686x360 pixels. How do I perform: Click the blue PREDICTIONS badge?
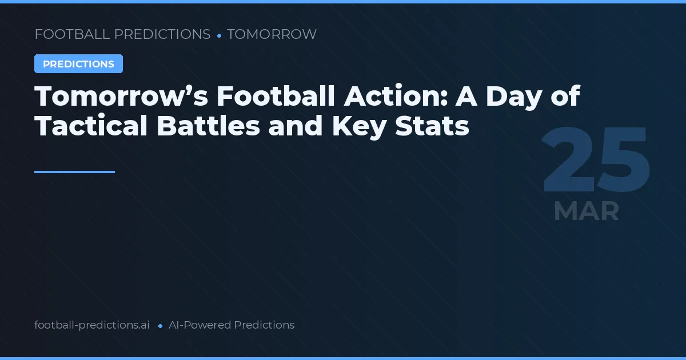(x=78, y=64)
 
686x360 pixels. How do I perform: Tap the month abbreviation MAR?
(x=586, y=211)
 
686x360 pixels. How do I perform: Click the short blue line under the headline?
(x=74, y=171)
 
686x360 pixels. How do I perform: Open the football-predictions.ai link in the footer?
(x=92, y=325)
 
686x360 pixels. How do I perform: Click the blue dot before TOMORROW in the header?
(x=219, y=35)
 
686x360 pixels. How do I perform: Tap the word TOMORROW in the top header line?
(x=272, y=34)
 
